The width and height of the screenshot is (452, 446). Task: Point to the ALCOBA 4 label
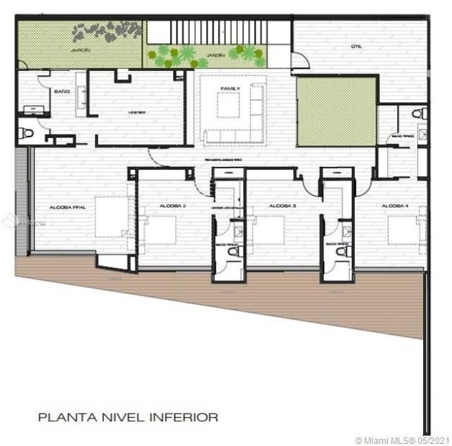[x=394, y=206]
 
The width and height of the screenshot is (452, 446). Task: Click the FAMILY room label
[x=231, y=88]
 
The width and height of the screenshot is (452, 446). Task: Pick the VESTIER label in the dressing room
[x=137, y=112]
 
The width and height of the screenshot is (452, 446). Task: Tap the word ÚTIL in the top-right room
[x=356, y=47]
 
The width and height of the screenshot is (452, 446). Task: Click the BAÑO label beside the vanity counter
[x=61, y=92]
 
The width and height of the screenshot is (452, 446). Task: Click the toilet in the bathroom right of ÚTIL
[x=418, y=113]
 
